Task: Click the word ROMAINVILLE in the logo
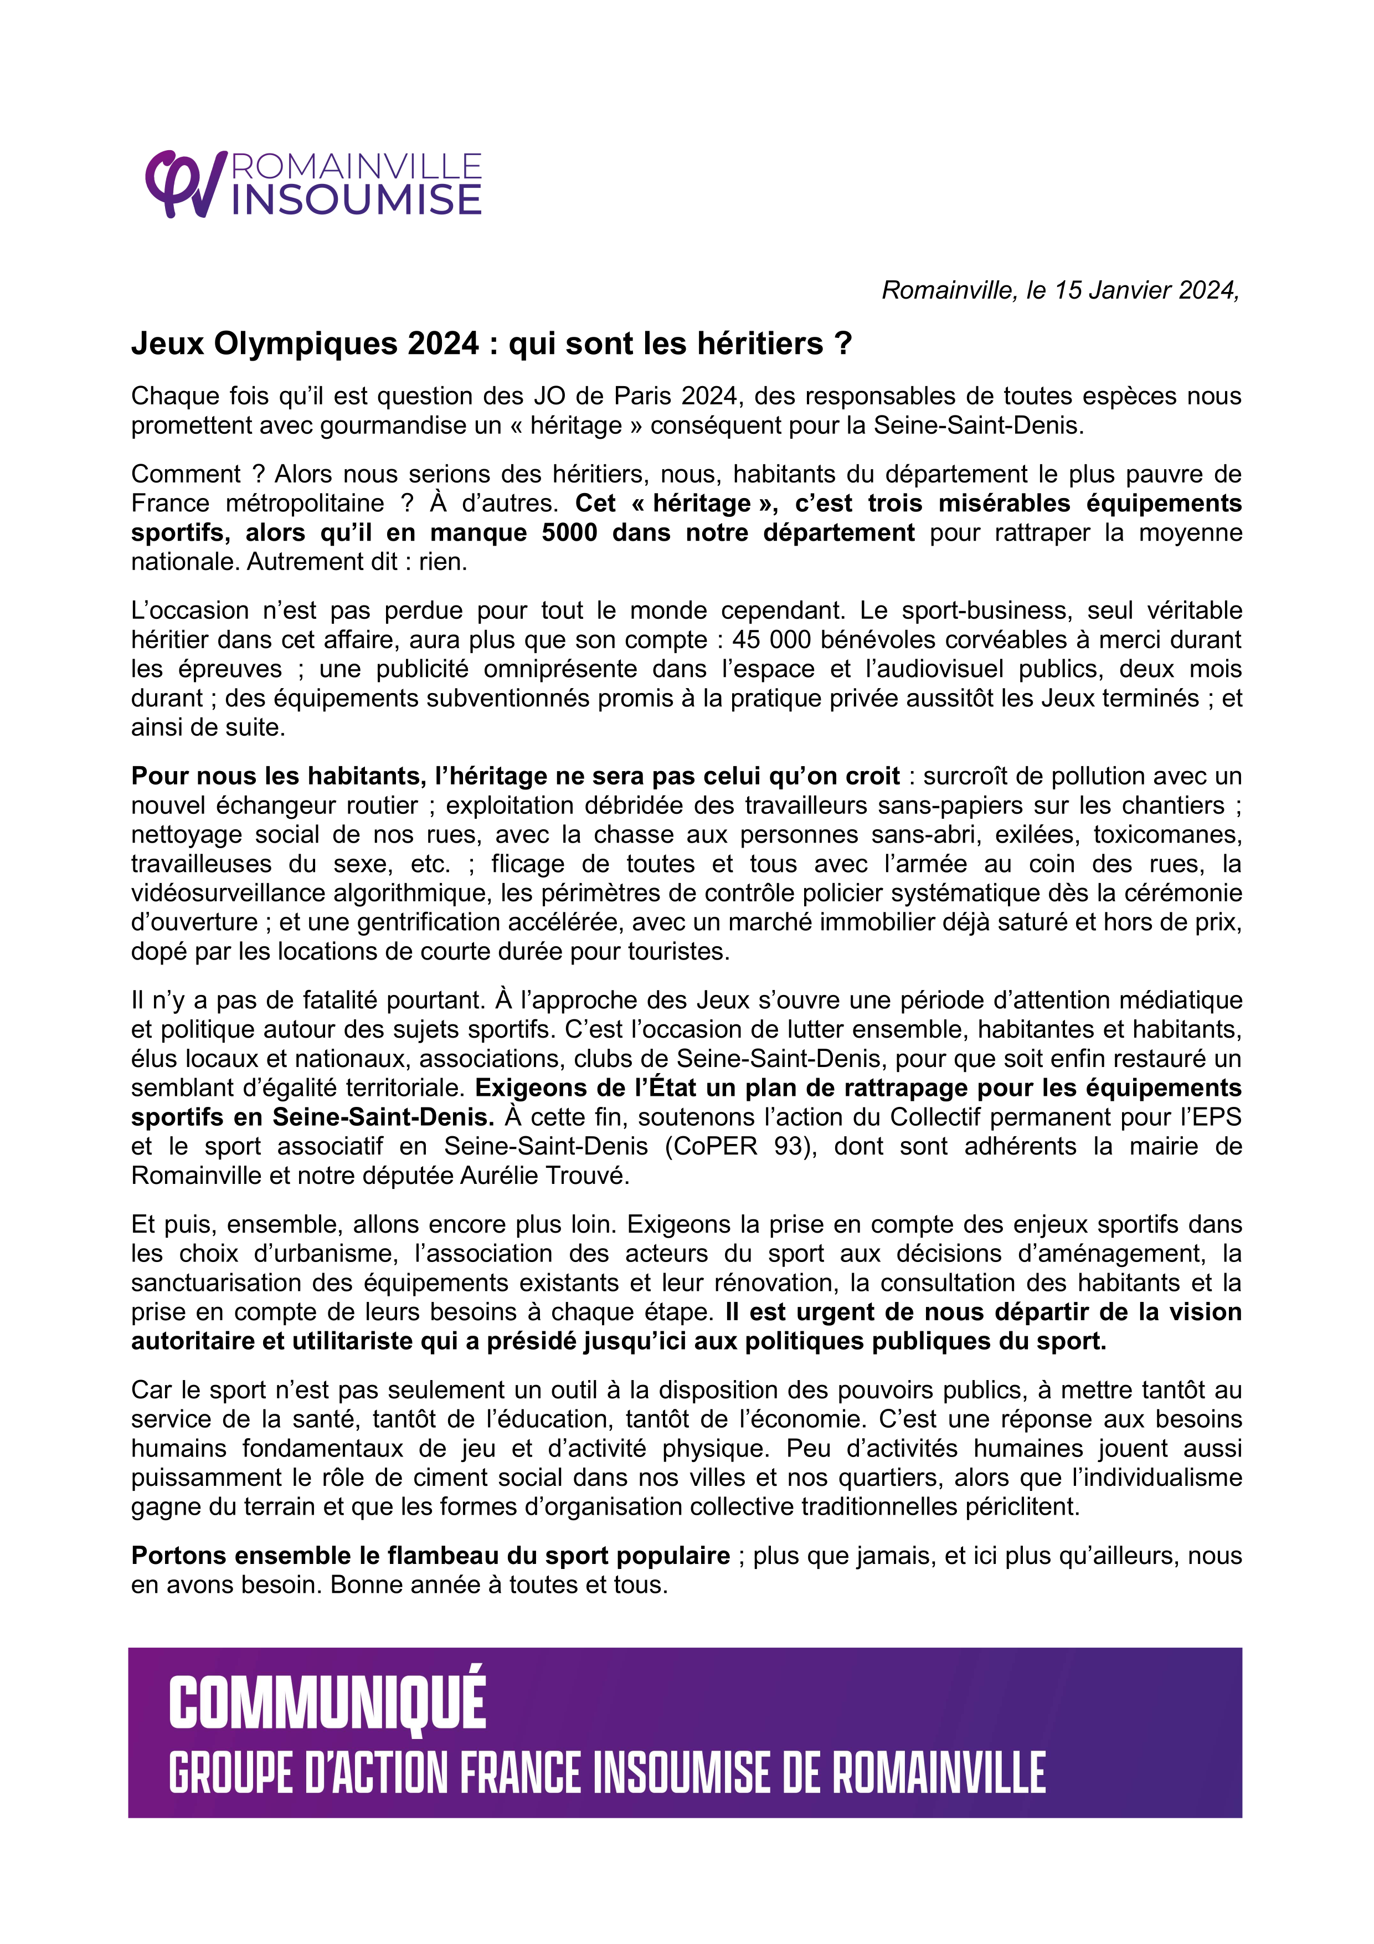point(357,166)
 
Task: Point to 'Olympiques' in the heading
point(305,343)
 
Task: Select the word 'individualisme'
point(1162,1478)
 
